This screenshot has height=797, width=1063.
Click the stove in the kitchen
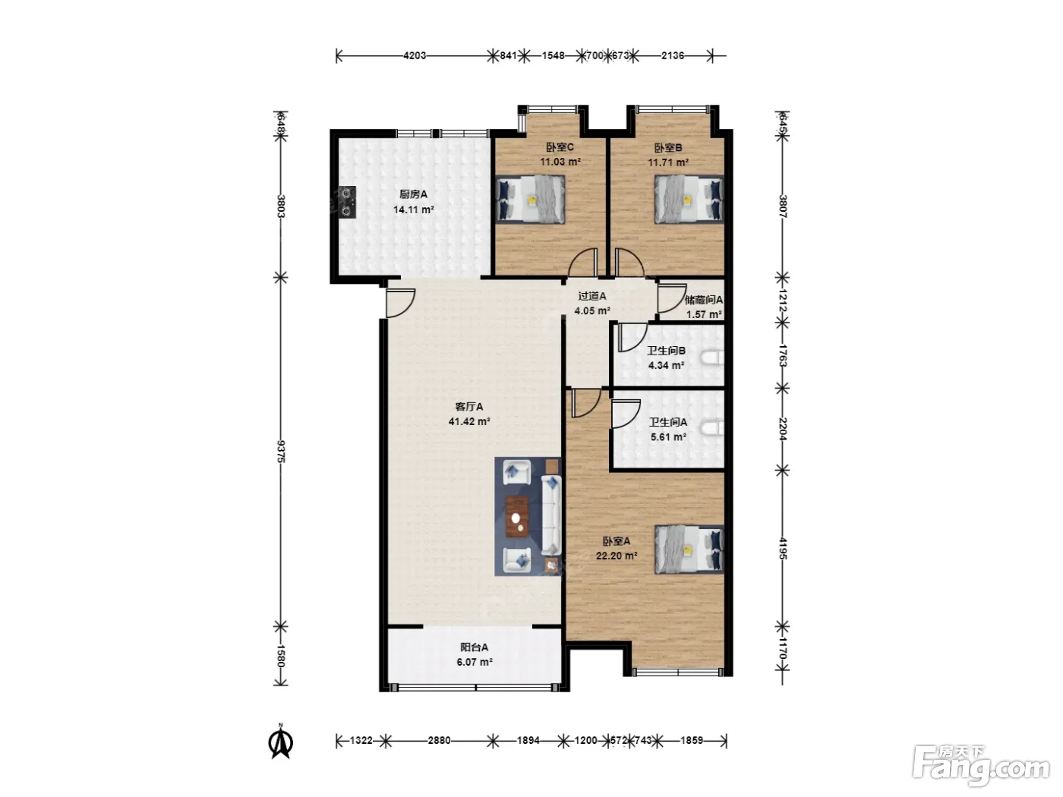(347, 202)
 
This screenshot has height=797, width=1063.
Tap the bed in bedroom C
(530, 199)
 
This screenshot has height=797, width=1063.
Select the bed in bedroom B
(689, 200)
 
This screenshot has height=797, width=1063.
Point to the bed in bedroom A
(689, 550)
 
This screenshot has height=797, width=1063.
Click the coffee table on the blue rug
(517, 517)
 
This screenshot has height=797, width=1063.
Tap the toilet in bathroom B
(712, 358)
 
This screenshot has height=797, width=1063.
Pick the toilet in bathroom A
(712, 429)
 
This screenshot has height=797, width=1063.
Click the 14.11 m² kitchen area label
(414, 210)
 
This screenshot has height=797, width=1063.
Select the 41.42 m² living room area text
(469, 421)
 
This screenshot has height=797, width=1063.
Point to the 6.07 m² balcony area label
(475, 662)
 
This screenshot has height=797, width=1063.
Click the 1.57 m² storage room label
(704, 314)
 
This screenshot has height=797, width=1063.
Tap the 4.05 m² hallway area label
(592, 310)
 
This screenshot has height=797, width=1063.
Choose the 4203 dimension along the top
(415, 55)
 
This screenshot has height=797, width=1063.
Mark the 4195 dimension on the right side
(783, 549)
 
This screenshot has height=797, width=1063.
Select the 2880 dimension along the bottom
(439, 740)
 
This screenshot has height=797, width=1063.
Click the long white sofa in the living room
(551, 515)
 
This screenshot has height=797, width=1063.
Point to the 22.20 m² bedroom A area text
(617, 556)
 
